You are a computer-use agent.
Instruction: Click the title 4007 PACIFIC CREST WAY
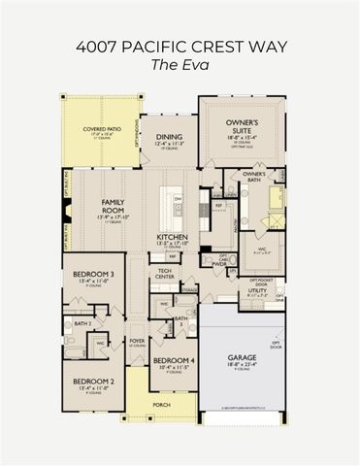pyautogui.click(x=180, y=45)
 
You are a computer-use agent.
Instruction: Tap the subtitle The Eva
pyautogui.click(x=180, y=64)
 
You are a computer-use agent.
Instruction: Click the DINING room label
pyautogui.click(x=169, y=138)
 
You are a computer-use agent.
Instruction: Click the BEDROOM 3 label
pyautogui.click(x=86, y=275)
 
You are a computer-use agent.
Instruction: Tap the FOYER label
pyautogui.click(x=137, y=341)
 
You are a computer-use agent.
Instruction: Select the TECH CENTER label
pyautogui.click(x=164, y=274)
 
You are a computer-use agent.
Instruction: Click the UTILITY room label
pyautogui.click(x=257, y=290)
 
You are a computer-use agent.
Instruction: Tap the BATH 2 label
pyautogui.click(x=83, y=322)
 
